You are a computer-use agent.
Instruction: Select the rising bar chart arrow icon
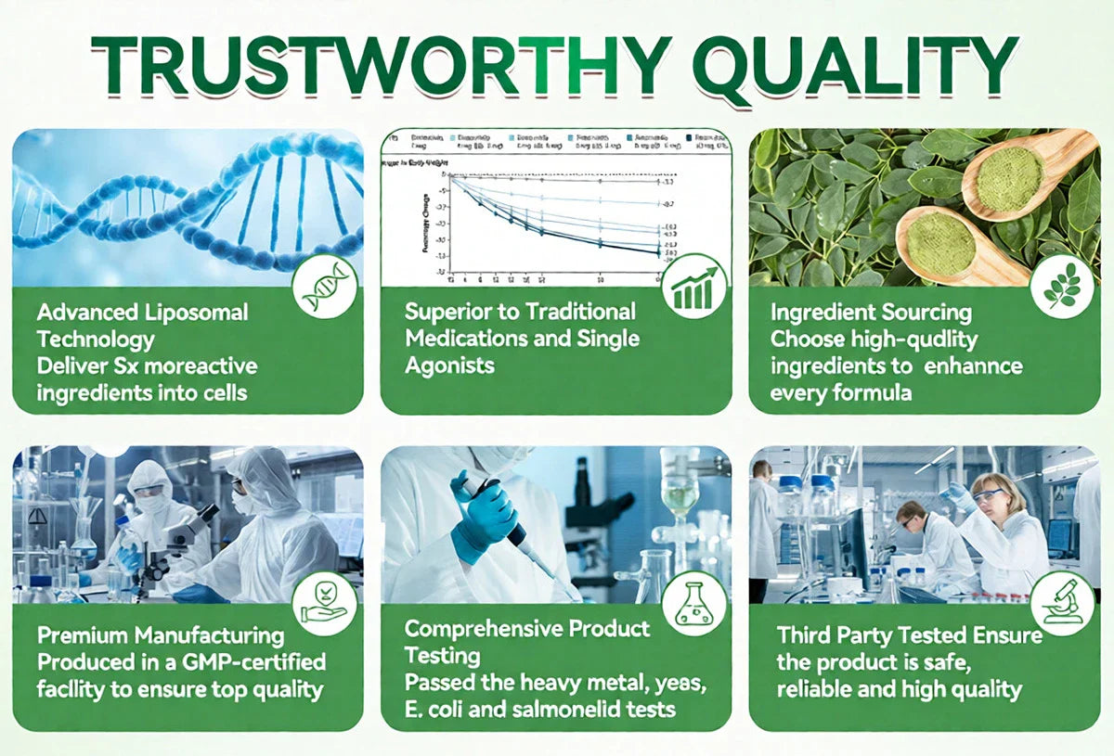coord(693,287)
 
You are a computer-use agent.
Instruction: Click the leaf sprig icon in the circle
coord(1061,288)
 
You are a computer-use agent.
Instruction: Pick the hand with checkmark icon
coord(324,604)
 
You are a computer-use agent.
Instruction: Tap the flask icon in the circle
coord(693,604)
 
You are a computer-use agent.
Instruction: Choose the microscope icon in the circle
coord(1061,604)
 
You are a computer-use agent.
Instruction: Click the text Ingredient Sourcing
coord(871,313)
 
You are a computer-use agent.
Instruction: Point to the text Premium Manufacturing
coord(161,635)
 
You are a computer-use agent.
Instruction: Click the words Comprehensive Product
coord(527,629)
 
